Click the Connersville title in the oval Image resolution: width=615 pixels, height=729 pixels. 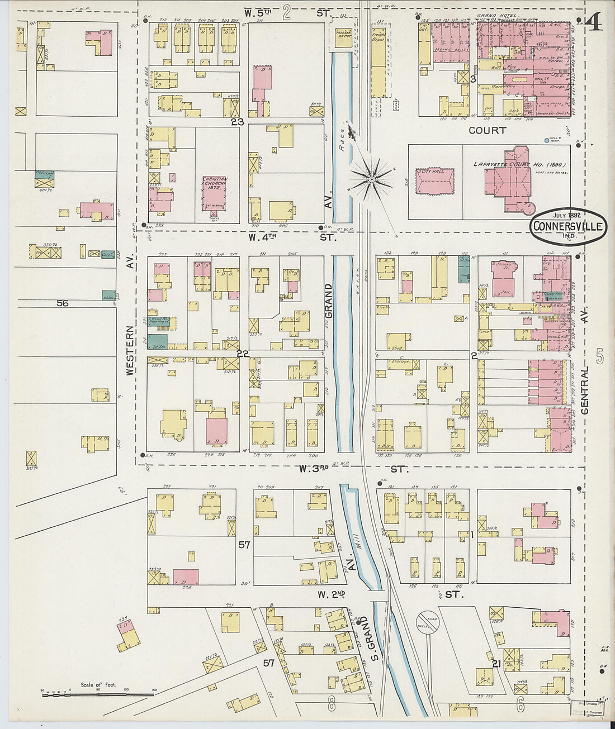[x=567, y=226]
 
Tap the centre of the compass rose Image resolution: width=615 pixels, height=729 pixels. [x=371, y=179]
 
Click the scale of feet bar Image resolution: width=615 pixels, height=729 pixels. [x=98, y=695]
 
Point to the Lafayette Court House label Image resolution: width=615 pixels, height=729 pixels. [x=520, y=165]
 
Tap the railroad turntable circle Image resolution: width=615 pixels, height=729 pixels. [x=428, y=622]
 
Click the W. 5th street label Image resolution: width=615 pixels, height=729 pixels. [x=287, y=12]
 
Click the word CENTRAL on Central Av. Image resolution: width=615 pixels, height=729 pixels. [x=585, y=390]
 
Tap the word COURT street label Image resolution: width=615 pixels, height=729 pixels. [x=487, y=130]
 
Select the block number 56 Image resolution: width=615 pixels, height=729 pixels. [x=62, y=303]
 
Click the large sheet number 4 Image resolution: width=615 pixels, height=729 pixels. [x=595, y=23]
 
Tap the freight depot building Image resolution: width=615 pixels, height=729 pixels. [x=379, y=64]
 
